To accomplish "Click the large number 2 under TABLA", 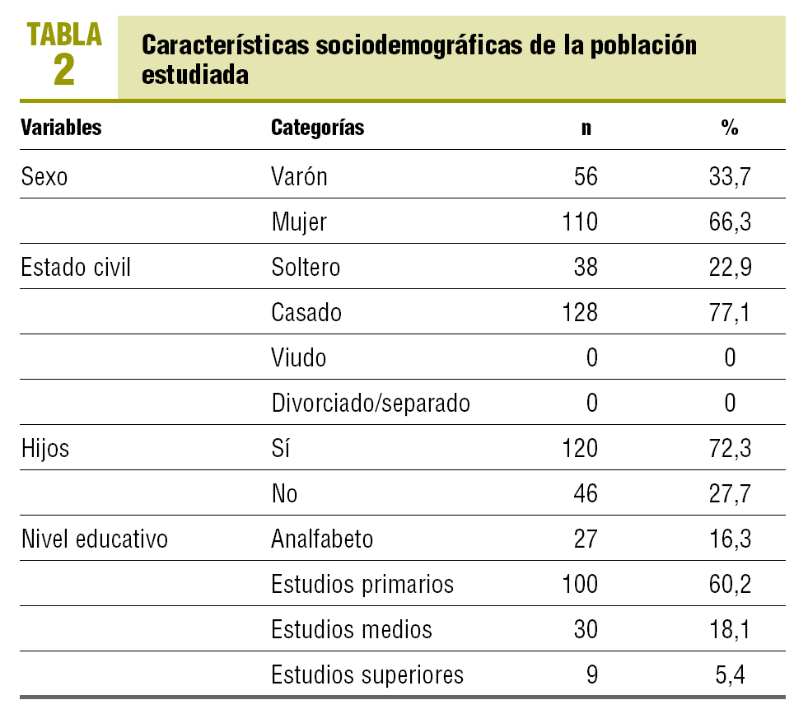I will click(x=64, y=70).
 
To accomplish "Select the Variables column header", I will click(x=61, y=128).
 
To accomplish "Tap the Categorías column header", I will click(x=317, y=128).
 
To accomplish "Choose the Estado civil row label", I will click(x=76, y=267).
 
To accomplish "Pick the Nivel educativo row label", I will click(x=94, y=539).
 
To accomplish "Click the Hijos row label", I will click(x=45, y=448).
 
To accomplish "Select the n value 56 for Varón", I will click(x=586, y=176).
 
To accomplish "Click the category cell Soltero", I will click(x=306, y=267).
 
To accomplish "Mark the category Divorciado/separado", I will click(x=371, y=403).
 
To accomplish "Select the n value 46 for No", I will click(x=586, y=493).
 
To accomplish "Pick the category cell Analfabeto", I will click(x=322, y=539).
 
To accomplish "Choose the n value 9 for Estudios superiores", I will click(x=592, y=674).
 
